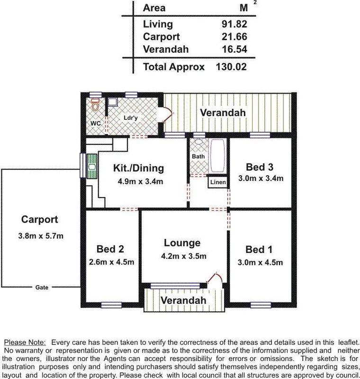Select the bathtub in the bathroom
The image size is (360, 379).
point(218,156)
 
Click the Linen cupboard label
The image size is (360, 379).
point(218,182)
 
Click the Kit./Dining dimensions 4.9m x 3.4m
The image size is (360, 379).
point(139,181)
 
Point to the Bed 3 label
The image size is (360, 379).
point(260,167)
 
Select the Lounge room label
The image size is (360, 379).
point(182,243)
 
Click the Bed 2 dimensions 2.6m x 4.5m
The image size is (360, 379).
point(111,262)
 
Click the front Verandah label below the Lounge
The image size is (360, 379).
point(183,301)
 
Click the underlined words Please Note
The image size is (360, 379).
point(25,342)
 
